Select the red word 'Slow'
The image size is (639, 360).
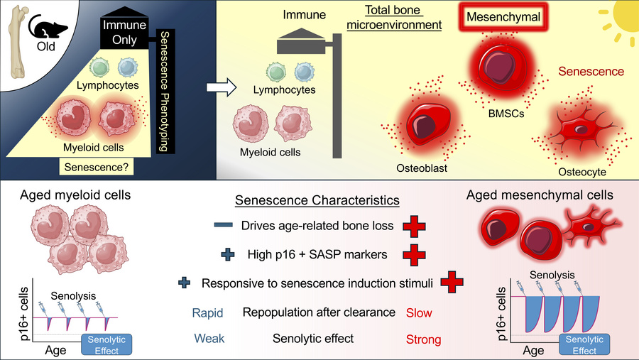[x=417, y=312]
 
